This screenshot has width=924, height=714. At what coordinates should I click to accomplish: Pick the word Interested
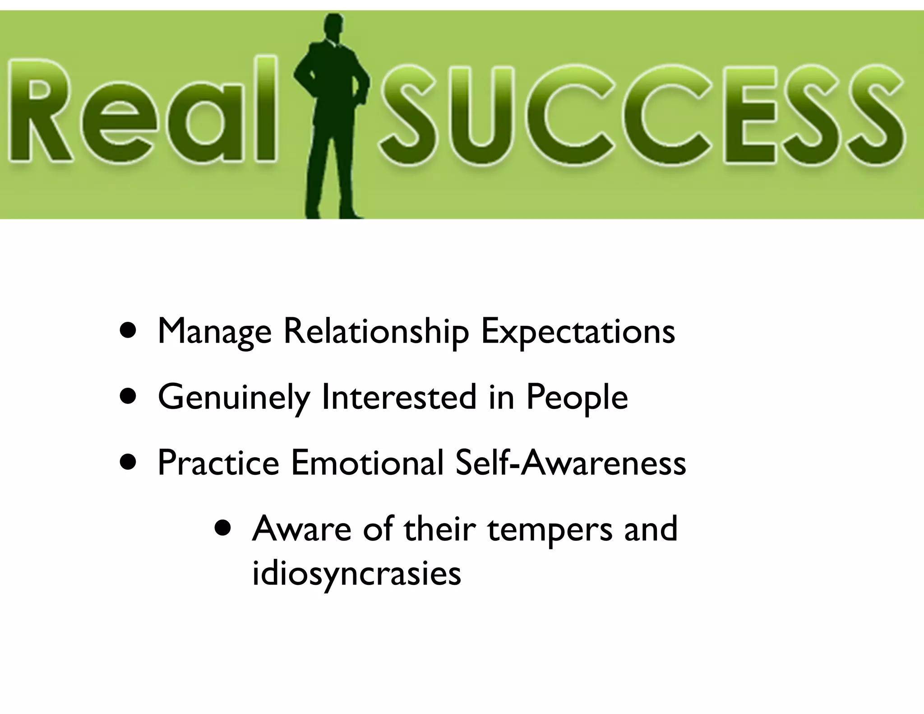tap(399, 397)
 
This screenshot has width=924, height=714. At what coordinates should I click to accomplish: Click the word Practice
tap(218, 463)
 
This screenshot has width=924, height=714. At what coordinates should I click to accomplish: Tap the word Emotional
tap(367, 463)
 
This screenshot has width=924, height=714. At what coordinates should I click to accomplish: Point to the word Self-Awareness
tap(571, 463)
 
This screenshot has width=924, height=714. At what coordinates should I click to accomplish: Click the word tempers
tap(550, 530)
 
